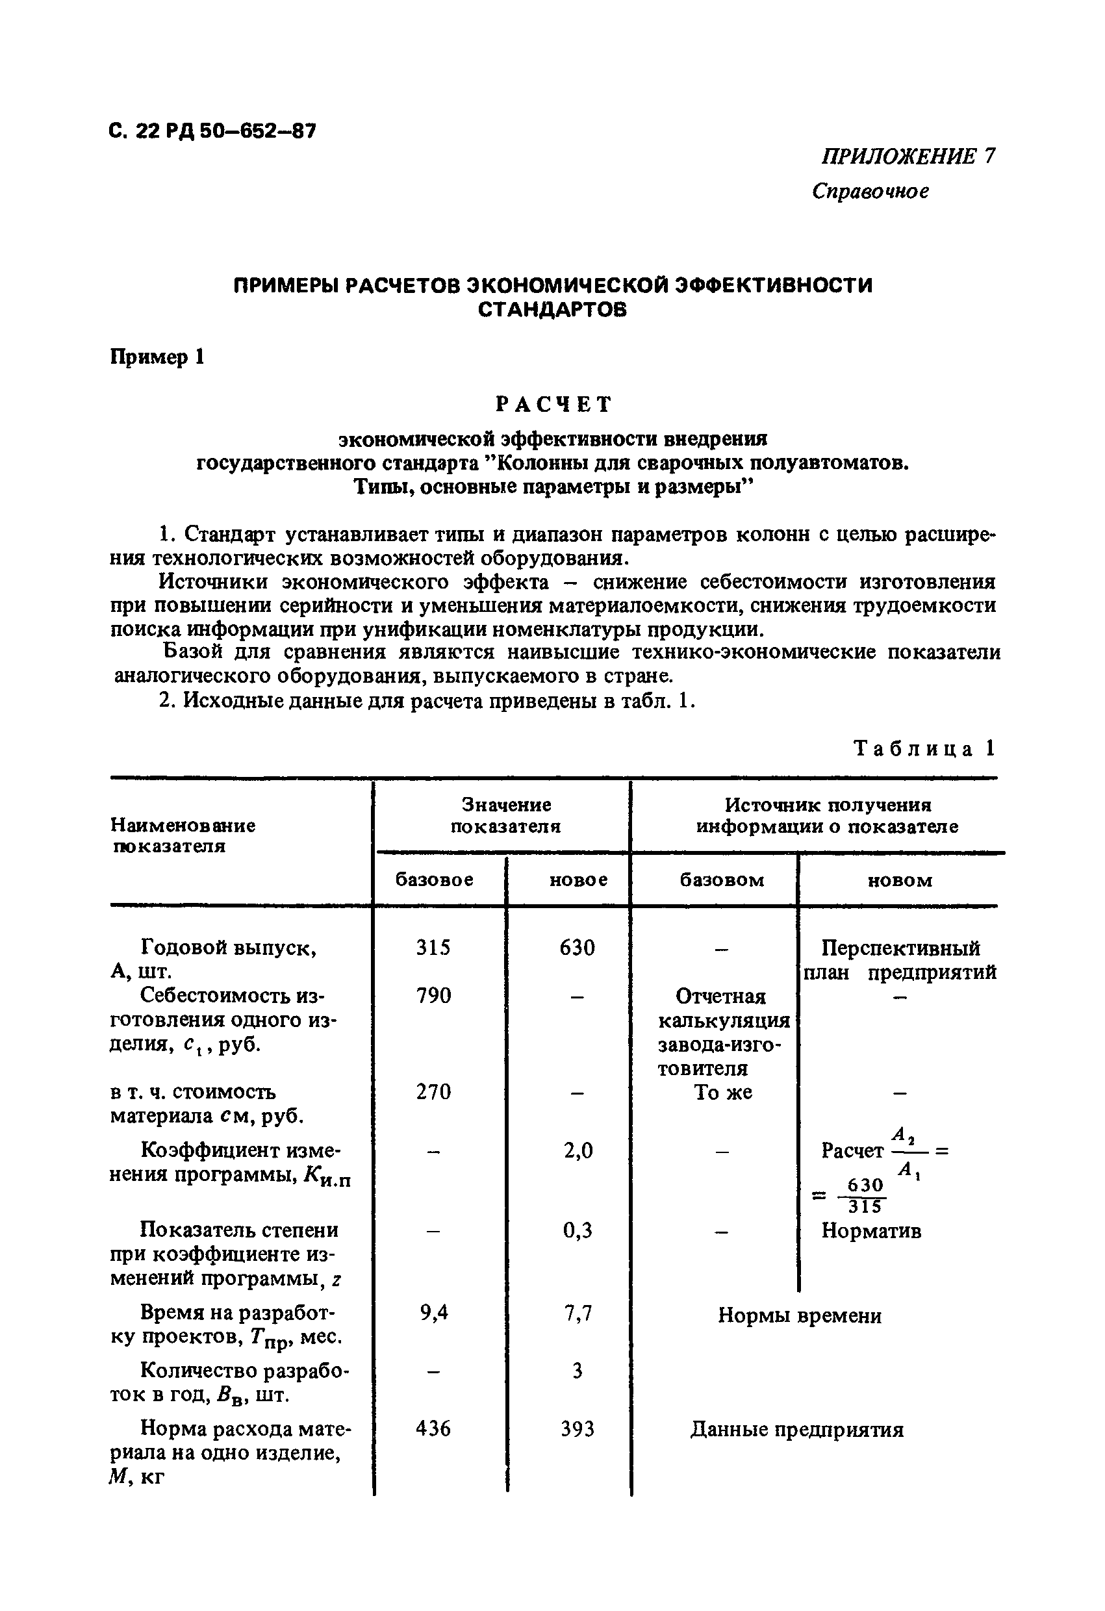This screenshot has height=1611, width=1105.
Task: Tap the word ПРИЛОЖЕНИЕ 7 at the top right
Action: click(908, 156)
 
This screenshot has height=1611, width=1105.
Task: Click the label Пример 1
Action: click(157, 357)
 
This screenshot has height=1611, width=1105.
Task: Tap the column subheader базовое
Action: click(435, 880)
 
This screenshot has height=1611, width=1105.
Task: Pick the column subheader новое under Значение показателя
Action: click(578, 880)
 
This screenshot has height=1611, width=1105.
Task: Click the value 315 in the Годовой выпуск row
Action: click(433, 947)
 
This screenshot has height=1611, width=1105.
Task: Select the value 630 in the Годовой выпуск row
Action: click(577, 947)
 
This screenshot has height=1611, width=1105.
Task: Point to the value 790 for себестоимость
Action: click(433, 995)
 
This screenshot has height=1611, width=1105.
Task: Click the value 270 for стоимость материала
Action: click(433, 1092)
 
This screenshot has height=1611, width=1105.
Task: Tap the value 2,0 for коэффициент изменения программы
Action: click(578, 1150)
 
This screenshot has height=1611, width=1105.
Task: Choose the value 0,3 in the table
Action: click(578, 1230)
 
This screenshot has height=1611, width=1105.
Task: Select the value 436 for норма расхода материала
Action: click(433, 1428)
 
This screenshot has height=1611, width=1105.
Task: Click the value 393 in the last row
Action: click(578, 1428)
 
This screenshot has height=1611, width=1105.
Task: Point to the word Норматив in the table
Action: click(870, 1231)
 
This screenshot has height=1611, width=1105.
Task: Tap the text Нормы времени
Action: click(799, 1315)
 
